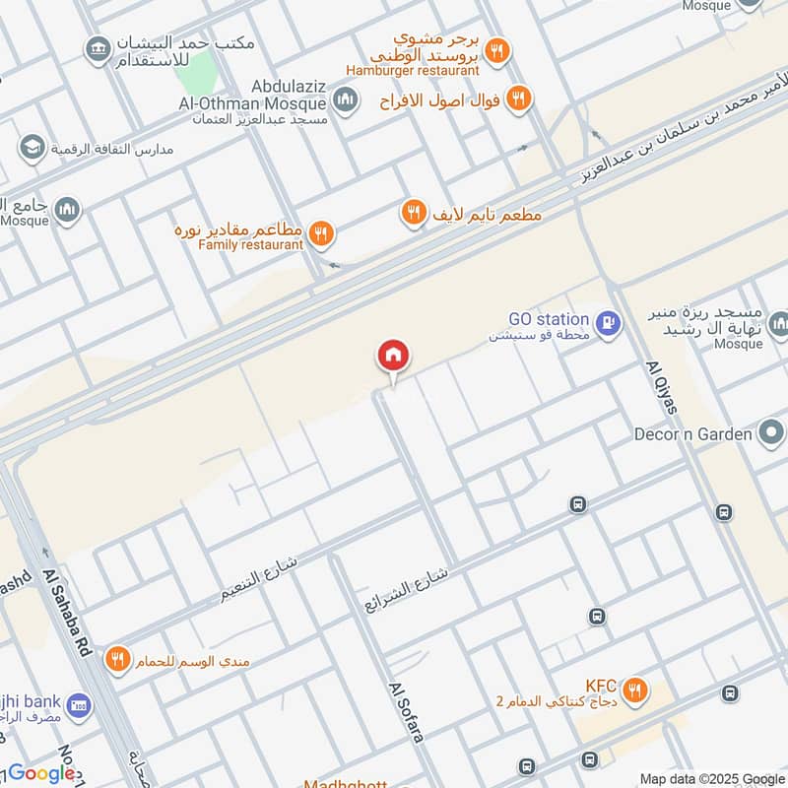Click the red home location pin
coord(393,356)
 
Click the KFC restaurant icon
coord(636,689)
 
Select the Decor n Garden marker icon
coord(771,432)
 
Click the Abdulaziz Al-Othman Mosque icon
coord(345,98)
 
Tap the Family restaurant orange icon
coord(320,234)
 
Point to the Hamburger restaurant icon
coord(498,52)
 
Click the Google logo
coord(41,774)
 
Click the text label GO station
coord(549,319)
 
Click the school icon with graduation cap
coord(32,148)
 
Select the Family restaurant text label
coord(250,244)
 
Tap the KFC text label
coord(601,685)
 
